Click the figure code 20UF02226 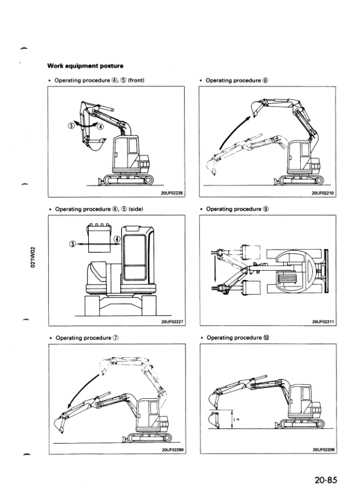(172, 193)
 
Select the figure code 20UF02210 (323, 193)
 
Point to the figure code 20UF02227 (172, 322)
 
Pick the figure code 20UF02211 (323, 322)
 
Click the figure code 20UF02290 (172, 450)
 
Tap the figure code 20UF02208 (323, 450)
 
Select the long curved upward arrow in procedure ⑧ (233, 128)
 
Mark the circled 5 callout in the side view (72, 245)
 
